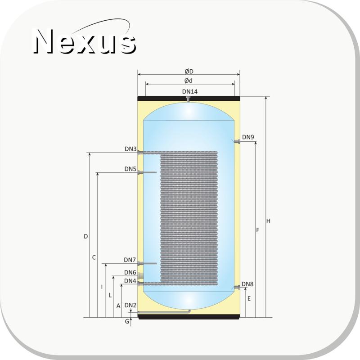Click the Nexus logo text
[x=85, y=41]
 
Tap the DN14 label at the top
[x=189, y=92]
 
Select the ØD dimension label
[x=189, y=72]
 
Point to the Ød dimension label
[x=188, y=81]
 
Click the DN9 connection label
[x=248, y=137]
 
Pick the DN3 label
[x=130, y=149]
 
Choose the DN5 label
[x=130, y=169]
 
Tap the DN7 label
[x=130, y=260]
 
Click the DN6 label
[x=130, y=272]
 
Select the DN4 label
[x=130, y=281]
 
